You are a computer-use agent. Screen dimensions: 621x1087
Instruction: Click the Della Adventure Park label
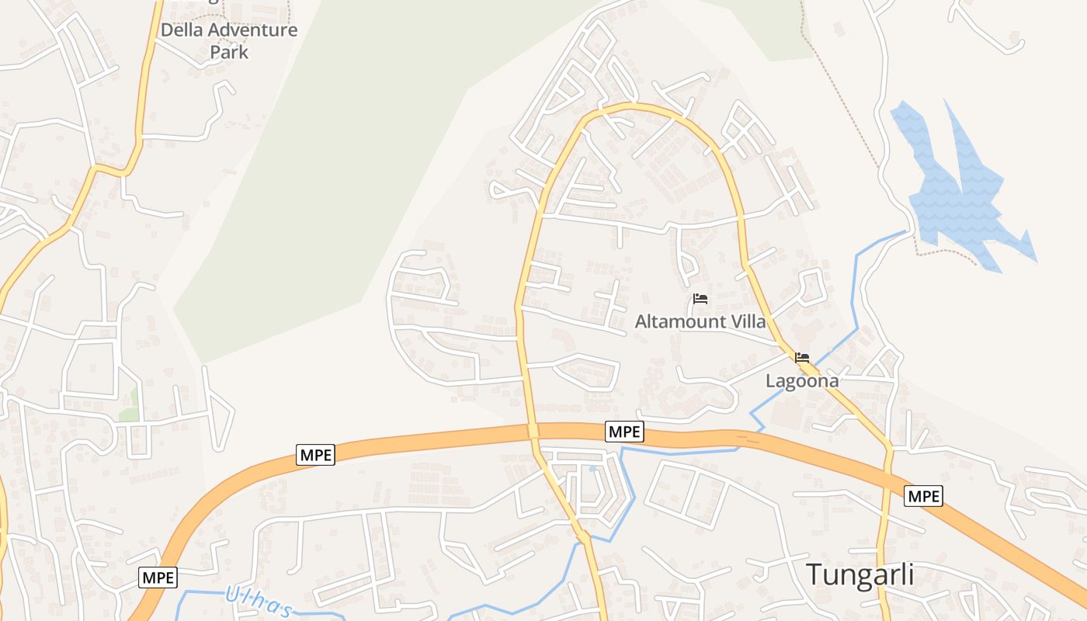(229, 41)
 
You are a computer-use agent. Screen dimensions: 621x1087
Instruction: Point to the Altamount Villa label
(700, 321)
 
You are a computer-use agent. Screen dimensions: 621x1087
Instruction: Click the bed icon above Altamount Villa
(700, 299)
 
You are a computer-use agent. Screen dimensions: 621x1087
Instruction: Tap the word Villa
(747, 321)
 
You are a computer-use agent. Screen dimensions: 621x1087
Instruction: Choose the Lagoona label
(802, 381)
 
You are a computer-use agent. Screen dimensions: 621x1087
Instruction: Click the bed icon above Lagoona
(802, 358)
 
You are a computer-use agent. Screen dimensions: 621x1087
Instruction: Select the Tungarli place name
(860, 575)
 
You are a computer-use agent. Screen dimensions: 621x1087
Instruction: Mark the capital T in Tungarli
(814, 575)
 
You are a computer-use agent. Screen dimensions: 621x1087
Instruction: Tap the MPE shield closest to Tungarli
(923, 495)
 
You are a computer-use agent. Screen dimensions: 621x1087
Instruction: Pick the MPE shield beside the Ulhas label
(158, 578)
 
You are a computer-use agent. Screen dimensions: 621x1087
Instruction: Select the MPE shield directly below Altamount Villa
(624, 432)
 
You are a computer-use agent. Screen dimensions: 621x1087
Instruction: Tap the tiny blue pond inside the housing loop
(593, 468)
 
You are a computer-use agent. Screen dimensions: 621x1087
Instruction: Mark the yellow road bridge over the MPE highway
(533, 430)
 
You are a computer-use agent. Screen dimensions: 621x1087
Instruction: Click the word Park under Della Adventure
(229, 53)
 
